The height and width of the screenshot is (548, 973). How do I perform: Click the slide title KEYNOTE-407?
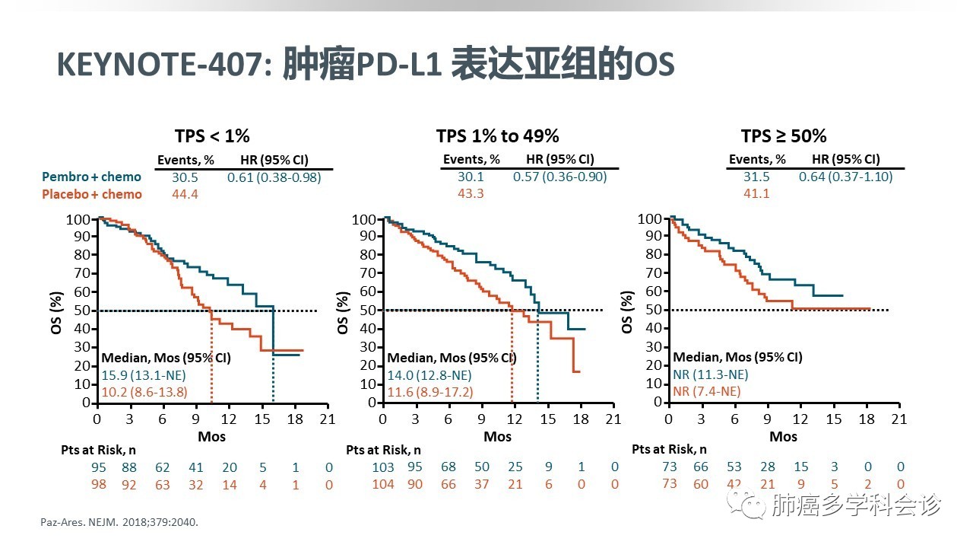pos(159,65)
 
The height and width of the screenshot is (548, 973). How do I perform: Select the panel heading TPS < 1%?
pos(212,136)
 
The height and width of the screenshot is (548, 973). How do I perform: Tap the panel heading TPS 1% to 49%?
pos(497,136)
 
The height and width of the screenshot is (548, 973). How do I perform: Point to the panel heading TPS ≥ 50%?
pos(783,136)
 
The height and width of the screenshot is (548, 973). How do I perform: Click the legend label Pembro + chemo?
pos(92,177)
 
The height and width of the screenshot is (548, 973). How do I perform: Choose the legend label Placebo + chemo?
pos(92,194)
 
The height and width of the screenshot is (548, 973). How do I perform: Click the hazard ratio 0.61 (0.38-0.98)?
pos(274,177)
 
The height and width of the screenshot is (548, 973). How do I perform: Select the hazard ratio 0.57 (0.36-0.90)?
pos(559,177)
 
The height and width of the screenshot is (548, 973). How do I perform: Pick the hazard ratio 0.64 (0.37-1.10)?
pos(845,177)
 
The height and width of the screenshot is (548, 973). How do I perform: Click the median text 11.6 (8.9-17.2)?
pos(430,392)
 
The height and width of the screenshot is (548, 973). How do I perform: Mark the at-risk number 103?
pos(383,467)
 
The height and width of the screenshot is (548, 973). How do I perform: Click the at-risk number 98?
pos(98,484)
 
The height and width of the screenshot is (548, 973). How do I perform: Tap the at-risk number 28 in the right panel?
pos(768,467)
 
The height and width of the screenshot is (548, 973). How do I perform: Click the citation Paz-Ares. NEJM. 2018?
pos(122,523)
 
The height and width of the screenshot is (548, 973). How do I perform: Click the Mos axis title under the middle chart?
pos(498,437)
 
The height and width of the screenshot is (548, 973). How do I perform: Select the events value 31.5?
pos(757,177)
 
